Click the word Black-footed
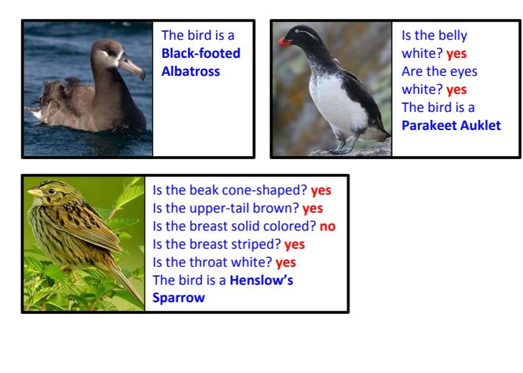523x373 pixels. click(x=200, y=53)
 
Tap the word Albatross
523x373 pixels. click(x=191, y=71)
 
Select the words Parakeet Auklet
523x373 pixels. click(x=451, y=125)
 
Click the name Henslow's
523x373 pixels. click(x=261, y=280)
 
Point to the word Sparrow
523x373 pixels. click(x=179, y=298)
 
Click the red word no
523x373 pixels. click(x=327, y=226)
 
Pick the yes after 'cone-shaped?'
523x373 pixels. click(x=321, y=190)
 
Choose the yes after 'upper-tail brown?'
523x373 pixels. click(x=313, y=208)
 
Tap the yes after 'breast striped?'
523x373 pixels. click(x=294, y=244)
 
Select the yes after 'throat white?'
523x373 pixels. click(x=286, y=262)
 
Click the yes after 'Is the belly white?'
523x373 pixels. click(x=456, y=53)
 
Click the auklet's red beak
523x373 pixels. click(x=284, y=42)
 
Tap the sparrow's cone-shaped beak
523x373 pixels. click(x=34, y=192)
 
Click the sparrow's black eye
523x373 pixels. click(x=52, y=191)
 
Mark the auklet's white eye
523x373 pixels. click(x=297, y=31)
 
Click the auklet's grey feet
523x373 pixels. click(x=344, y=147)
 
